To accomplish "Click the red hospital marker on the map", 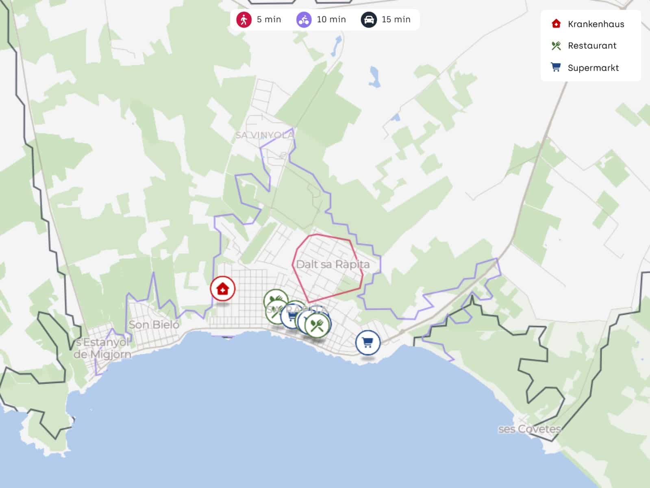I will [222, 289].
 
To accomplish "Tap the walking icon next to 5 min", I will [244, 20].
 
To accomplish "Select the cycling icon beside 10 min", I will [304, 20].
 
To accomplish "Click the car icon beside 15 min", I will [368, 20].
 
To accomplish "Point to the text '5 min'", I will [269, 20].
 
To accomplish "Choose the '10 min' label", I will [331, 20].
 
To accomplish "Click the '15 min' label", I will [396, 20].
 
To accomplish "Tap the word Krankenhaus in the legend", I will [596, 24].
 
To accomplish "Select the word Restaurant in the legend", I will [592, 46].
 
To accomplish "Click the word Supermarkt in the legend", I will [593, 68].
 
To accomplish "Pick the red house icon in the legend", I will [556, 24].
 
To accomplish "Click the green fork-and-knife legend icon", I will [556, 46].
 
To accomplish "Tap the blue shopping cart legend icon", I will [556, 67].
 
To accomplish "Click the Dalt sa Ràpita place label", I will [333, 264].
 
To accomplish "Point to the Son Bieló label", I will [154, 325].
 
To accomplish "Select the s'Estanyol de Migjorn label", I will [102, 348].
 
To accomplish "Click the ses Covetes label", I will [529, 429].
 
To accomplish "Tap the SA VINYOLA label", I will [265, 135].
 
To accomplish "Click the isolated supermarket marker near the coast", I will [367, 343].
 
